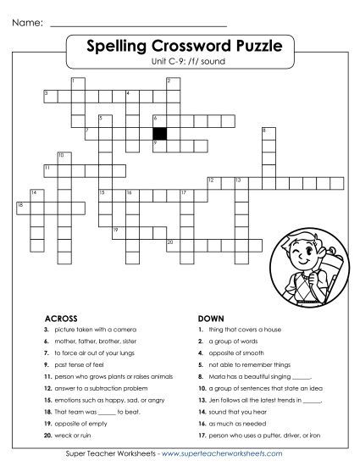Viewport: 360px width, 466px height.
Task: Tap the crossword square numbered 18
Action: (x=21, y=206)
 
